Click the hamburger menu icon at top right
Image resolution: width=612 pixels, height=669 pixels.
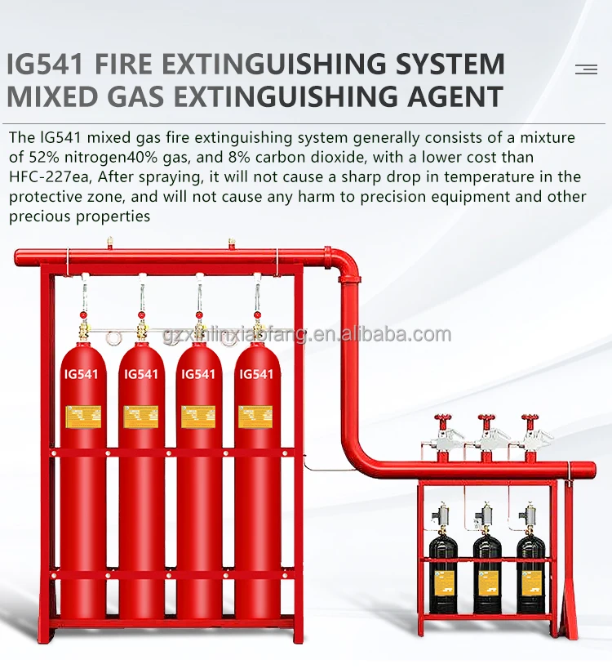click(586, 69)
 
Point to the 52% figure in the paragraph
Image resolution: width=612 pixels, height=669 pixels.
click(47, 157)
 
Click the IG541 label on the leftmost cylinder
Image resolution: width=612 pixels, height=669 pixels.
click(82, 374)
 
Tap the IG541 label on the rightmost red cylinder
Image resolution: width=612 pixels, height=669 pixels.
click(256, 374)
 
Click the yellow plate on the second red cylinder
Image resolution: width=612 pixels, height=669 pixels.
click(140, 416)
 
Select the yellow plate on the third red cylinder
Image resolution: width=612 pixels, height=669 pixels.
click(198, 416)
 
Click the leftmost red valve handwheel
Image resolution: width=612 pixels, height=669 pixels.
click(443, 421)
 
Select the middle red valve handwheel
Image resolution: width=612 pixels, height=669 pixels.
click(487, 421)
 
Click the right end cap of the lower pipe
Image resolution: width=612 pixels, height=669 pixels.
click(591, 469)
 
